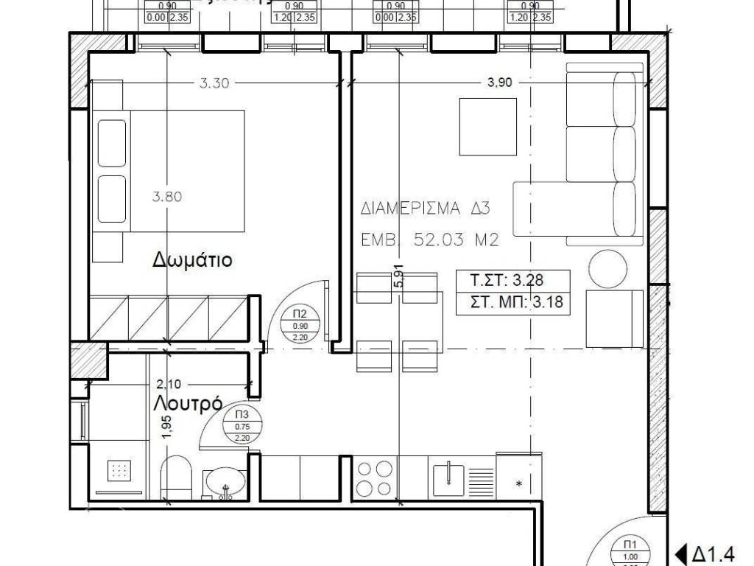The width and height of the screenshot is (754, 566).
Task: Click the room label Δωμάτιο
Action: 193,260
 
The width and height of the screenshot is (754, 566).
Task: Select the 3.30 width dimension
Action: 215,83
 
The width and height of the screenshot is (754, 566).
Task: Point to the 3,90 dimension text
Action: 499,83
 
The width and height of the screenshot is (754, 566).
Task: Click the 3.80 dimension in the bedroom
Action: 166,197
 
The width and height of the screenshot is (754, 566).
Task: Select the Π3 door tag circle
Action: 242,425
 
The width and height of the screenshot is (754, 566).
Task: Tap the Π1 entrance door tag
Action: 630,551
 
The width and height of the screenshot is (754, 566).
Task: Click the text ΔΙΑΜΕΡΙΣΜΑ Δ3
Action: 426,209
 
